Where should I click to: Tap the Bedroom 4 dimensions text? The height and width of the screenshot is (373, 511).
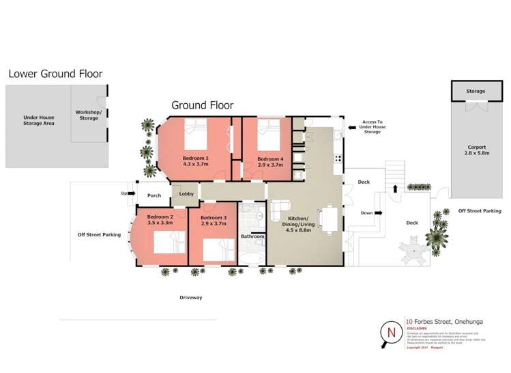[x=269, y=165]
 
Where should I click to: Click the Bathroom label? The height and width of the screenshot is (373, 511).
[x=252, y=237]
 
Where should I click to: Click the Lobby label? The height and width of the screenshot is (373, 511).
[x=186, y=194]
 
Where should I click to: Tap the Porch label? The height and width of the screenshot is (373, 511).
[x=154, y=195]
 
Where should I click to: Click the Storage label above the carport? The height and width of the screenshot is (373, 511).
[x=476, y=91]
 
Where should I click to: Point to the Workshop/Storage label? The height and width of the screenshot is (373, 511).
[x=89, y=115]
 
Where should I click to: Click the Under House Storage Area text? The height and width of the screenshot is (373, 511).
[x=38, y=121]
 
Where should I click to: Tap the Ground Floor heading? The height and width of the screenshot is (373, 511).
[x=202, y=105]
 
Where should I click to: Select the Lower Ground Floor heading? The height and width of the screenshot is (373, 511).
[x=55, y=74]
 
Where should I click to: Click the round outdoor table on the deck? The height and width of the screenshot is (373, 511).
[x=413, y=253]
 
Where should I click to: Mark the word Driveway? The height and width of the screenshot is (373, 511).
[x=191, y=298]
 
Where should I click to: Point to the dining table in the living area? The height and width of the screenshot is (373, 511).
[x=330, y=219]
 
